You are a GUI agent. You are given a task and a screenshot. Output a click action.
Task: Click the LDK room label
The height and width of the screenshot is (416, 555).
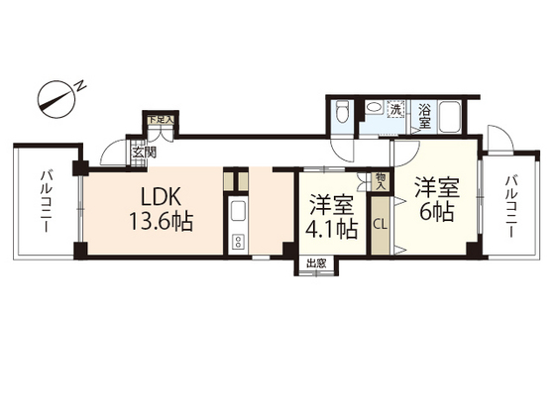click(x=161, y=197)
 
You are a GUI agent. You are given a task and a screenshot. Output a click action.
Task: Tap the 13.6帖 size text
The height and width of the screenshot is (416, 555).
click(x=161, y=222)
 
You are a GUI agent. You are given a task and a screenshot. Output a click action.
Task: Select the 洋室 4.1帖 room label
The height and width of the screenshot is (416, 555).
click(x=331, y=216)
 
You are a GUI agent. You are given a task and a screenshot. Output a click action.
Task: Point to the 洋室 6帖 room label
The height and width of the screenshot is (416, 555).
click(x=437, y=200)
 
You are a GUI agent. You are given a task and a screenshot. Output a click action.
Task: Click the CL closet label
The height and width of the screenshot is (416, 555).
click(x=381, y=224)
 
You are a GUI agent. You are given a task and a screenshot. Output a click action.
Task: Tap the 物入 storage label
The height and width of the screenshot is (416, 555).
click(x=381, y=180)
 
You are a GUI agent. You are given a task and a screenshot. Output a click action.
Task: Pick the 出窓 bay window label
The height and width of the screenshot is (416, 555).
click(x=316, y=263)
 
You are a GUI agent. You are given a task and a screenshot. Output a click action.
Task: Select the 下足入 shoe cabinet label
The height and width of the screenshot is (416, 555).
click(x=161, y=119)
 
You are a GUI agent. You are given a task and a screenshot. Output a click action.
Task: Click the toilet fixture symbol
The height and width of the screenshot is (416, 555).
click(x=342, y=111)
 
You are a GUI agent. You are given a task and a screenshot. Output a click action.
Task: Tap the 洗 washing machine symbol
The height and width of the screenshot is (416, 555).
click(x=396, y=109)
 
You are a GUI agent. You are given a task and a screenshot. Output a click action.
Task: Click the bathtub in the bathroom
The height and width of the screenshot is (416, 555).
click(x=450, y=117)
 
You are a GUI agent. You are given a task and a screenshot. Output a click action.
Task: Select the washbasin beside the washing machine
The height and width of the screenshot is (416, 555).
click(x=375, y=108)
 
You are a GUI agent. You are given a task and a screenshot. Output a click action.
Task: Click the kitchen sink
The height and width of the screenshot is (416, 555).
click(x=238, y=212)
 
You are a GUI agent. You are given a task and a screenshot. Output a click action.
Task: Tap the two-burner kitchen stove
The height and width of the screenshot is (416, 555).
click(x=238, y=243)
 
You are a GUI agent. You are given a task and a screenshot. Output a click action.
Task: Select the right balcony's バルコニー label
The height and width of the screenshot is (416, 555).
click(x=510, y=207)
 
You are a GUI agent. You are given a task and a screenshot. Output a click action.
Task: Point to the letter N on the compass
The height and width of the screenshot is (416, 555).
click(x=81, y=86)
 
